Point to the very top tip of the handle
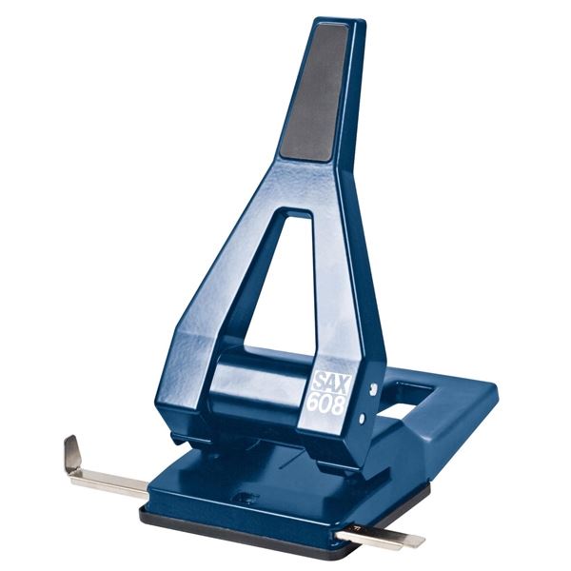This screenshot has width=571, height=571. (328, 24)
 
